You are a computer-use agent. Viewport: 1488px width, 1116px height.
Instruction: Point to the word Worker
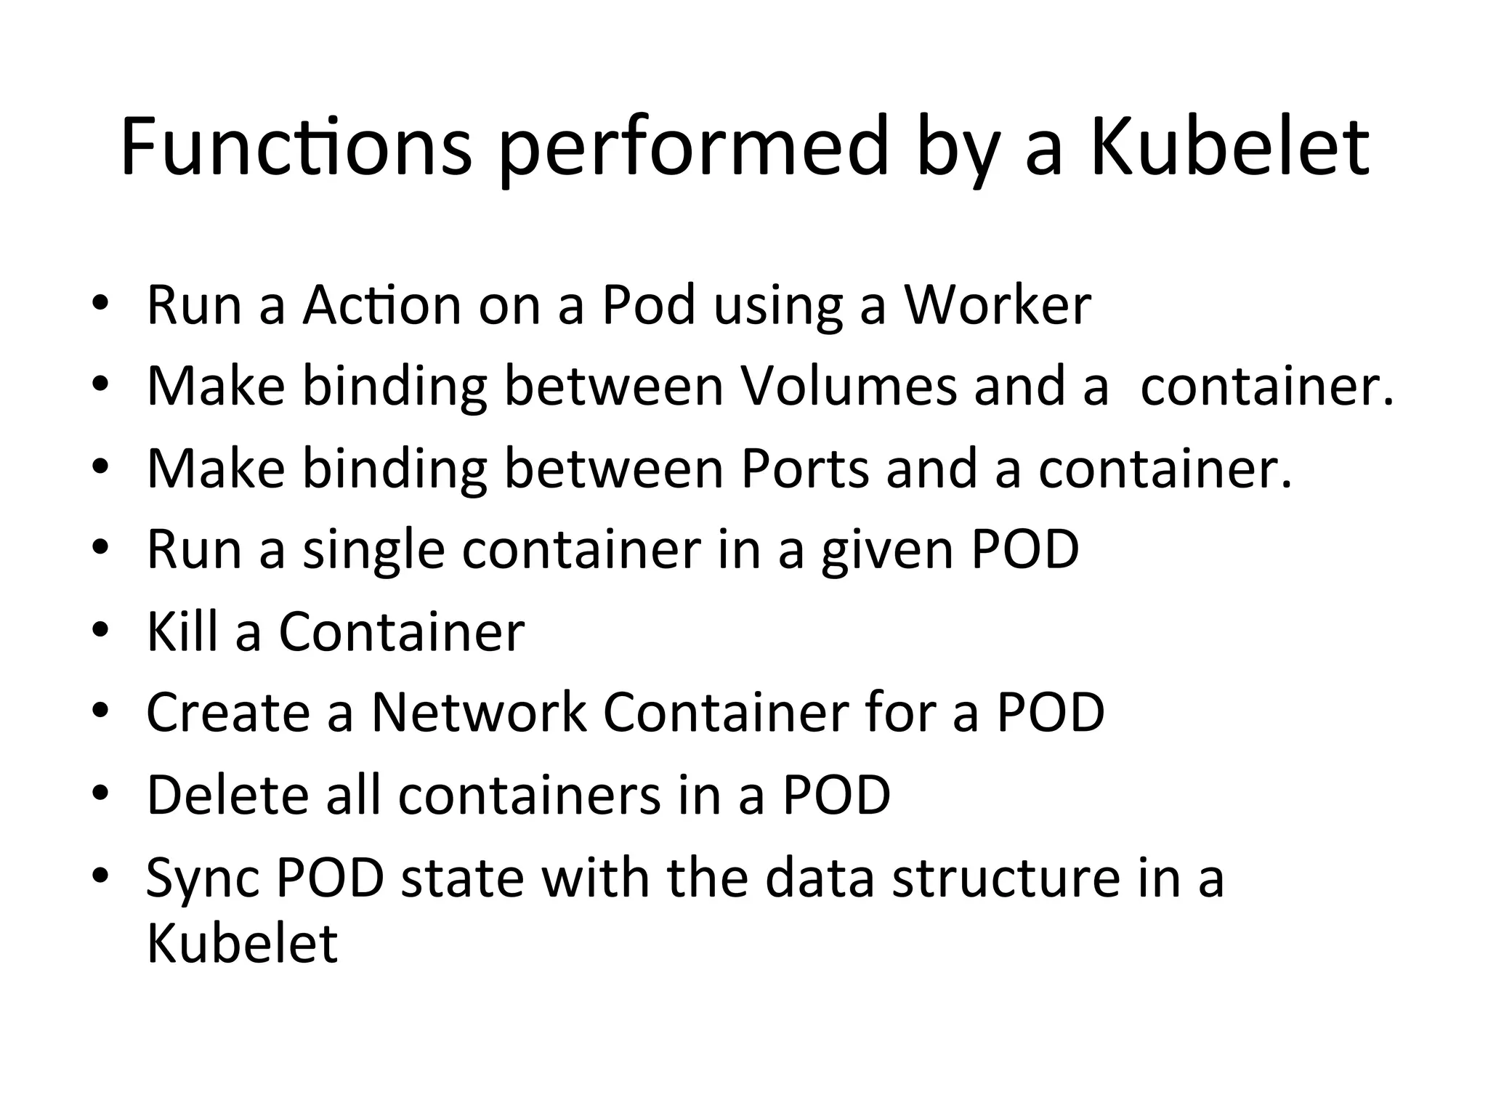pyautogui.click(x=997, y=304)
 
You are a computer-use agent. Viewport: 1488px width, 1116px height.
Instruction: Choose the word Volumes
pyautogui.click(x=849, y=386)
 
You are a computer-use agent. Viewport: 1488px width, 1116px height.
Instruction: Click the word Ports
pyautogui.click(x=804, y=468)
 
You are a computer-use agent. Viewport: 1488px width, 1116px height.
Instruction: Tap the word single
pyautogui.click(x=373, y=549)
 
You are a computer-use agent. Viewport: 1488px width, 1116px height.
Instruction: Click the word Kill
pyautogui.click(x=182, y=631)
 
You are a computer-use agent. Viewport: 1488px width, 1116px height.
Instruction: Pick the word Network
pyautogui.click(x=479, y=712)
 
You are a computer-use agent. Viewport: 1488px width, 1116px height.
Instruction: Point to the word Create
pyautogui.click(x=228, y=712)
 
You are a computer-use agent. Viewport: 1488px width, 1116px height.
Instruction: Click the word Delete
pyautogui.click(x=227, y=794)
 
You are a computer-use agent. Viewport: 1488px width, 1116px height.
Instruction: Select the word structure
pyautogui.click(x=1006, y=877)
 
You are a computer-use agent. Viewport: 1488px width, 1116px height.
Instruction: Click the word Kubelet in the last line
pyautogui.click(x=242, y=942)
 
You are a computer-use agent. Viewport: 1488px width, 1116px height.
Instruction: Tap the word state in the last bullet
pyautogui.click(x=462, y=877)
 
